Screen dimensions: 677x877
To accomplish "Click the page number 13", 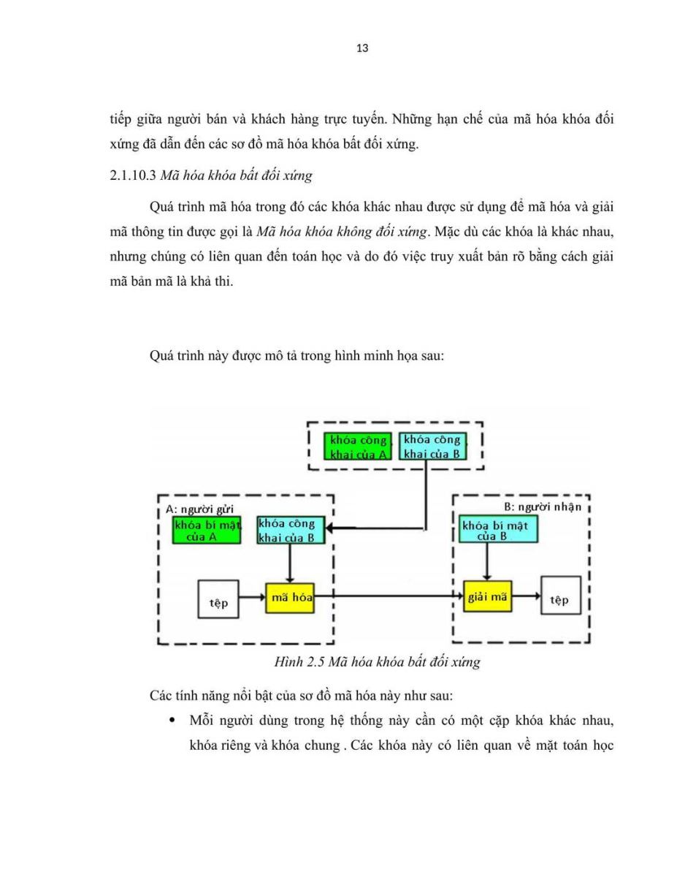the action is coord(362,48).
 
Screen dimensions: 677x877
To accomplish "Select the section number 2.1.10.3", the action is coord(133,175).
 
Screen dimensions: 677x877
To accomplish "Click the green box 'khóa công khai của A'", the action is coord(358,446).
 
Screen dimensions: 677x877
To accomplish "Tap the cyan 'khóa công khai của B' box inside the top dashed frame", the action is coord(432,446).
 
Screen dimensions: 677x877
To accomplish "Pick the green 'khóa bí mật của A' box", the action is coord(207,531).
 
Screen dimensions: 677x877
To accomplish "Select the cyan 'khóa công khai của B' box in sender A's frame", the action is coord(291,530).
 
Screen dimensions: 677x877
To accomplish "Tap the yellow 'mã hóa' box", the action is coord(289,598).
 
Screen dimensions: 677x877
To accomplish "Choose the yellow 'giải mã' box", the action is coord(488,596).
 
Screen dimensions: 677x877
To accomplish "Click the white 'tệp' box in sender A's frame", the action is coord(218,599).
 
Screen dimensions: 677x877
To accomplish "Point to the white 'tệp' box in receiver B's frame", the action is coord(561,596).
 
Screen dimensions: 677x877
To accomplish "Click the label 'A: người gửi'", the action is coord(199,509).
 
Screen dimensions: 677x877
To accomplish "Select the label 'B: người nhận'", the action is coord(543,507).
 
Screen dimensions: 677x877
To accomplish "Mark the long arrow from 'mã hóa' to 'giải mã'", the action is coord(389,596).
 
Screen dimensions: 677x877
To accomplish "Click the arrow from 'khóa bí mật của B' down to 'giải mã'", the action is coord(487,562).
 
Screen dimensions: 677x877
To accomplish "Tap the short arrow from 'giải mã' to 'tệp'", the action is coord(527,596).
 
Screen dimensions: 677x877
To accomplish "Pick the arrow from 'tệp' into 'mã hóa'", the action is coord(252,596).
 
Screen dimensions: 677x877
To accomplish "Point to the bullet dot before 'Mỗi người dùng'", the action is coord(172,720).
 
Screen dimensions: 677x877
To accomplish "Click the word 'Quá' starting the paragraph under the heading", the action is coord(160,207).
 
